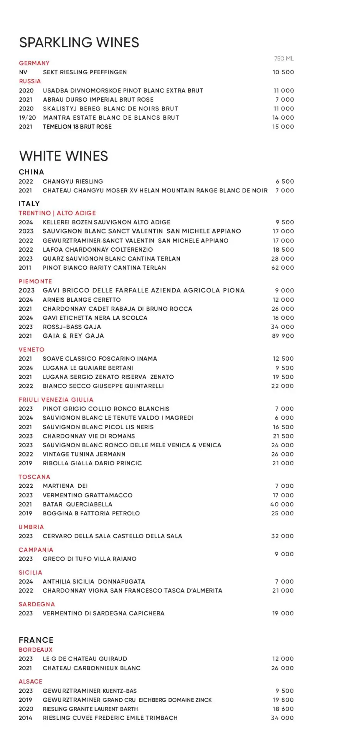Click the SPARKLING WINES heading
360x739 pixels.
pos(79,42)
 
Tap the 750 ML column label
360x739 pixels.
pos(284,59)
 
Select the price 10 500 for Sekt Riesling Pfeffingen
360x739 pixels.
pos(283,72)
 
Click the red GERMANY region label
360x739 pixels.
pos(34,63)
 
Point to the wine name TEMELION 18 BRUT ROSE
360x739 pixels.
pos(77,127)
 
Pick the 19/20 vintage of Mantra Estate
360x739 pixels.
pos(27,117)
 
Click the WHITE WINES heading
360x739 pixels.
pos(64,156)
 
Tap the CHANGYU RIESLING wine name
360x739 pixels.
pos(73,181)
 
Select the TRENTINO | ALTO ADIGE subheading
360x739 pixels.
pos(57,213)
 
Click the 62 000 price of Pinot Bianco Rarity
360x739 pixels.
pos(283,268)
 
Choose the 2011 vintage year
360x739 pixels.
pos(25,268)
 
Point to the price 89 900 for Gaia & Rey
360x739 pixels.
pos(283,336)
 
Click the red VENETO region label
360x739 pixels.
pos(32,349)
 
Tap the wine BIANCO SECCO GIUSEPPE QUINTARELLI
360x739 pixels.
pos(103,386)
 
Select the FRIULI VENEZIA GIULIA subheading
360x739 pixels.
pos(56,400)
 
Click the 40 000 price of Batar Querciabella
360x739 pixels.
pos(282,504)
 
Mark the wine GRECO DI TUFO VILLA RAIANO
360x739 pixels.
pos(89,558)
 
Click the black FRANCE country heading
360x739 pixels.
pos(36,640)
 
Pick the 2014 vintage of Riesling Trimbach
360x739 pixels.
pos(25,718)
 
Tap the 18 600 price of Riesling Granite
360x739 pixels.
pos(283,709)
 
